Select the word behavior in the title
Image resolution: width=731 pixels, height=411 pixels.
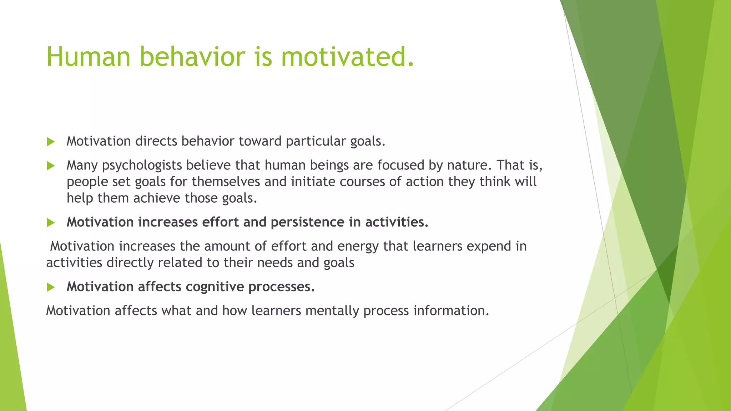coord(192,57)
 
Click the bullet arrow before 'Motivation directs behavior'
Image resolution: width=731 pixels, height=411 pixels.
coord(51,142)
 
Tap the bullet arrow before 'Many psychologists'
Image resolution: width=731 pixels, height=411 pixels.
coord(51,166)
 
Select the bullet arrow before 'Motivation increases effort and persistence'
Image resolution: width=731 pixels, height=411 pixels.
coord(51,223)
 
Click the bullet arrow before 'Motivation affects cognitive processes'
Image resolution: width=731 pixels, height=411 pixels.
coord(51,287)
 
